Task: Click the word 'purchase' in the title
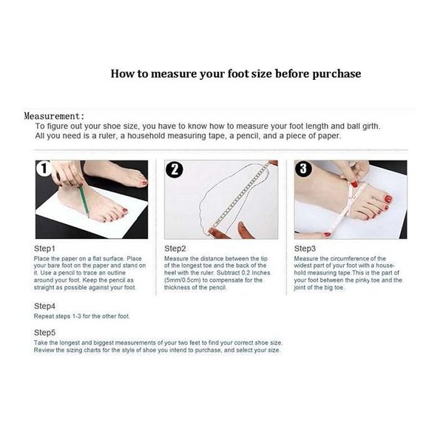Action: (x=337, y=74)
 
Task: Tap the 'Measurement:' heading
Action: (x=54, y=116)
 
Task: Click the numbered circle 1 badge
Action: (x=44, y=168)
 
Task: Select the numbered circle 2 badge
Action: (x=175, y=169)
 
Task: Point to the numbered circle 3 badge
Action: (x=303, y=168)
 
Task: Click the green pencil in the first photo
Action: (x=84, y=201)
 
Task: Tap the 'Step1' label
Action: (x=44, y=249)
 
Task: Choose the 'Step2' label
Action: (x=175, y=249)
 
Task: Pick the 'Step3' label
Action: (x=305, y=249)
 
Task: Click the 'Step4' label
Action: (x=44, y=306)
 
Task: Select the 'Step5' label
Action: (x=44, y=332)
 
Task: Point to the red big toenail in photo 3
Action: (x=388, y=199)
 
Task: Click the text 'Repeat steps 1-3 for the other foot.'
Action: (x=82, y=317)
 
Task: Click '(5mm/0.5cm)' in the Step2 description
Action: (x=183, y=280)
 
